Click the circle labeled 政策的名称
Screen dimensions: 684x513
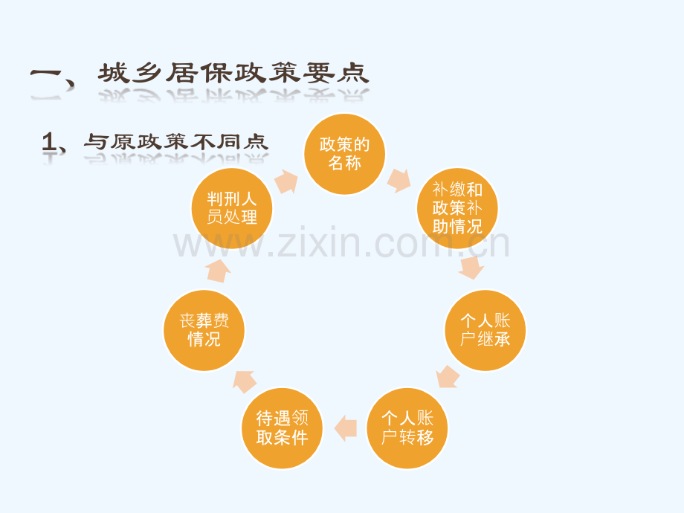[345, 154]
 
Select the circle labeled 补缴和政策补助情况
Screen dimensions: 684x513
[457, 208]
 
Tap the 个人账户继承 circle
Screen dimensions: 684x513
[485, 330]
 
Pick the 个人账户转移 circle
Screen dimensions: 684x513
[407, 428]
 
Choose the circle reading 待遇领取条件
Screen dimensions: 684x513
[283, 428]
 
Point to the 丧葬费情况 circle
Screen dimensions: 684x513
[204, 330]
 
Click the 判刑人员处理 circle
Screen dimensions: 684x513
[232, 208]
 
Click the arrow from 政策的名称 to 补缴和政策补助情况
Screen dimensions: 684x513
[399, 180]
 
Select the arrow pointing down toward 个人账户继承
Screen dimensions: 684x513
[471, 268]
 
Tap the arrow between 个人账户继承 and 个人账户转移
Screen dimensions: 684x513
[448, 377]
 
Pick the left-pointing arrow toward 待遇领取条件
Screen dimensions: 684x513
[346, 428]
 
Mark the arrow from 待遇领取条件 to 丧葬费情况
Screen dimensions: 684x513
[245, 381]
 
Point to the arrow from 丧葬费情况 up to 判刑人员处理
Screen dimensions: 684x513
[218, 271]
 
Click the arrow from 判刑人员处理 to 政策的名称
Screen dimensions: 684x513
[286, 181]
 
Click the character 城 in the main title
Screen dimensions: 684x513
[114, 73]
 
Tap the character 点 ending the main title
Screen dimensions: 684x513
[353, 73]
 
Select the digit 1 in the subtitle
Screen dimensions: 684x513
[48, 142]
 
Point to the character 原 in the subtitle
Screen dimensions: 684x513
[122, 142]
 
